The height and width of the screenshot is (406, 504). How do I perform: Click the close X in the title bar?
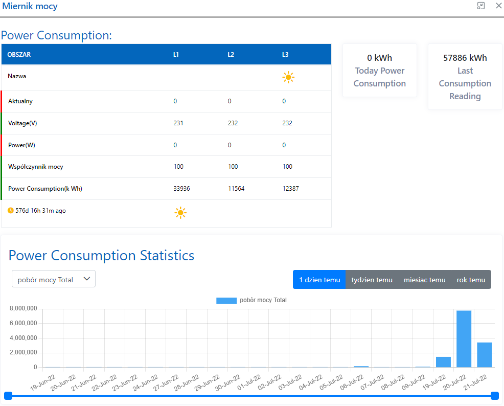(x=499, y=6)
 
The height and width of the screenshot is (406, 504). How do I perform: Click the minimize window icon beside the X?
(x=481, y=6)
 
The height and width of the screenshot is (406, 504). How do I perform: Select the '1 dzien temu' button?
(x=319, y=280)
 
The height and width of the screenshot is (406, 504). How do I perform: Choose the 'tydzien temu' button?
(x=372, y=280)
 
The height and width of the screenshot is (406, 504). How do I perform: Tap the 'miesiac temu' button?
(x=425, y=280)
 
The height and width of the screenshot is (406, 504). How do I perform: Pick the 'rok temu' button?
(x=471, y=280)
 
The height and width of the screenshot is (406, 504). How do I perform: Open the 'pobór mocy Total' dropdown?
(x=54, y=279)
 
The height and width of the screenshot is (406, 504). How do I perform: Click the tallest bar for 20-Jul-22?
(x=464, y=339)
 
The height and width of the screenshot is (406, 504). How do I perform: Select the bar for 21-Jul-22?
(x=485, y=354)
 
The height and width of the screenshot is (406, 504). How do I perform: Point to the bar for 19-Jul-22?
(x=443, y=362)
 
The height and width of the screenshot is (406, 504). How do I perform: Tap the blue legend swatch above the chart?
(x=226, y=301)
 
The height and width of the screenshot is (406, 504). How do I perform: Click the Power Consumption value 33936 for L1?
(x=181, y=189)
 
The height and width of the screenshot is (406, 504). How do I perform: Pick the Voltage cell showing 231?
(x=178, y=123)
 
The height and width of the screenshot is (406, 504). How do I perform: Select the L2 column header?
(x=231, y=55)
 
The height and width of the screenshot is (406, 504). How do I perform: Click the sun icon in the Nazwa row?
(x=288, y=78)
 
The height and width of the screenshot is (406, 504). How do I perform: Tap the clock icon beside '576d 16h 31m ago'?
(x=11, y=210)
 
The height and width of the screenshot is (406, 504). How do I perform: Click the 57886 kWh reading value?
(x=465, y=58)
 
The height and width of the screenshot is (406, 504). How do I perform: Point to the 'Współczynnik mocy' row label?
(x=36, y=167)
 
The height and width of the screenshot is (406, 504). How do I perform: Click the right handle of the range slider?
(x=494, y=395)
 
